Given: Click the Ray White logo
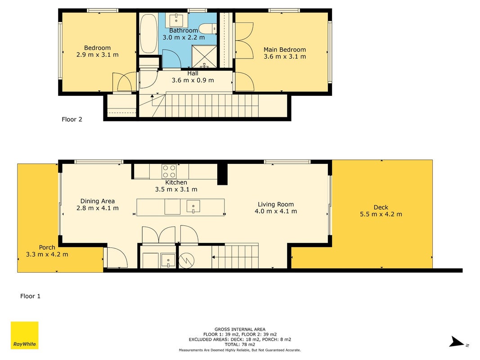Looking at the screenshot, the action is (x=24, y=335).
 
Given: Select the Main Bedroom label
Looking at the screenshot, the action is (x=285, y=49).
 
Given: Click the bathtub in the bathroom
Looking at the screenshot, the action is (x=149, y=33).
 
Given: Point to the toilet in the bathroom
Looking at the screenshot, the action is (x=208, y=29).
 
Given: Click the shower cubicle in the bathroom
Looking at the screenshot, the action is (x=204, y=57).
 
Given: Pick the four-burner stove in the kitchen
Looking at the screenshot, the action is (x=169, y=171).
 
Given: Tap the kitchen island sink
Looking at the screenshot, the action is (x=193, y=207).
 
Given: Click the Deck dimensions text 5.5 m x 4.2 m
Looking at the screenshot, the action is (x=381, y=214).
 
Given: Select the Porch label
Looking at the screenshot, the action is (x=47, y=247).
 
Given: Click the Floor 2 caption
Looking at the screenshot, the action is (x=72, y=119).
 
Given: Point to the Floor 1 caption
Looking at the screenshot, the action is (x=30, y=296).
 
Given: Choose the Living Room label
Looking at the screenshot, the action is (x=276, y=204).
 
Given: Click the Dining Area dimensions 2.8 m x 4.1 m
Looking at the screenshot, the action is (x=97, y=208).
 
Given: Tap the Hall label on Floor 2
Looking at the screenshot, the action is (x=193, y=73).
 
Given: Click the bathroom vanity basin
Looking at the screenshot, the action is (x=176, y=20).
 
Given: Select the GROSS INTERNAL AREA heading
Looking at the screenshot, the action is (x=240, y=329).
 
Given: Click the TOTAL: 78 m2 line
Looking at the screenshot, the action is (x=240, y=344).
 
